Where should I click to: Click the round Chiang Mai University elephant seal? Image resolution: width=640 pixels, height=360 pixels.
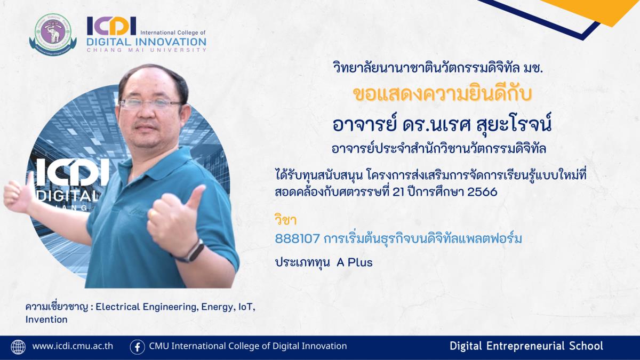pyautogui.click(x=53, y=34)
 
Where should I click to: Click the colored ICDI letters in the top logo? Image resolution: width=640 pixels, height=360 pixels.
pyautogui.click(x=111, y=26)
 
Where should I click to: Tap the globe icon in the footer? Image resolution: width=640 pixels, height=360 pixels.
pyautogui.click(x=18, y=347)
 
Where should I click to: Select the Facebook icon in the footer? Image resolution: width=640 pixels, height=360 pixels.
pyautogui.click(x=137, y=347)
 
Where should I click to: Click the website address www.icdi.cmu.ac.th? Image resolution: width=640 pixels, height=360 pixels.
pyautogui.click(x=73, y=346)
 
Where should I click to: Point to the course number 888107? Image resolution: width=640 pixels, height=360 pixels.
pyautogui.click(x=297, y=238)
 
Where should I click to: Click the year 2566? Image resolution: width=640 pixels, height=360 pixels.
pyautogui.click(x=482, y=191)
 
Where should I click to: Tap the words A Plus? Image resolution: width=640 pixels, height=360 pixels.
pyautogui.click(x=355, y=262)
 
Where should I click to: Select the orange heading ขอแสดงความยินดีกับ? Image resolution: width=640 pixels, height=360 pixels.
pyautogui.click(x=443, y=94)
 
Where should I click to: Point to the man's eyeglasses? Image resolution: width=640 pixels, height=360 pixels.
pyautogui.click(x=150, y=103)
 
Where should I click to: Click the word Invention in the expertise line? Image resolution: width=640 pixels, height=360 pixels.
pyautogui.click(x=46, y=319)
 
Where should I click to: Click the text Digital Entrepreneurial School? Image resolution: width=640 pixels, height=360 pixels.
pyautogui.click(x=526, y=346)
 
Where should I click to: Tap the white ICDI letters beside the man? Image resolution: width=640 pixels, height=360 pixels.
pyautogui.click(x=73, y=172)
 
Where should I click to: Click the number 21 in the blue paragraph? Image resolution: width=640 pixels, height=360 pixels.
pyautogui.click(x=399, y=191)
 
